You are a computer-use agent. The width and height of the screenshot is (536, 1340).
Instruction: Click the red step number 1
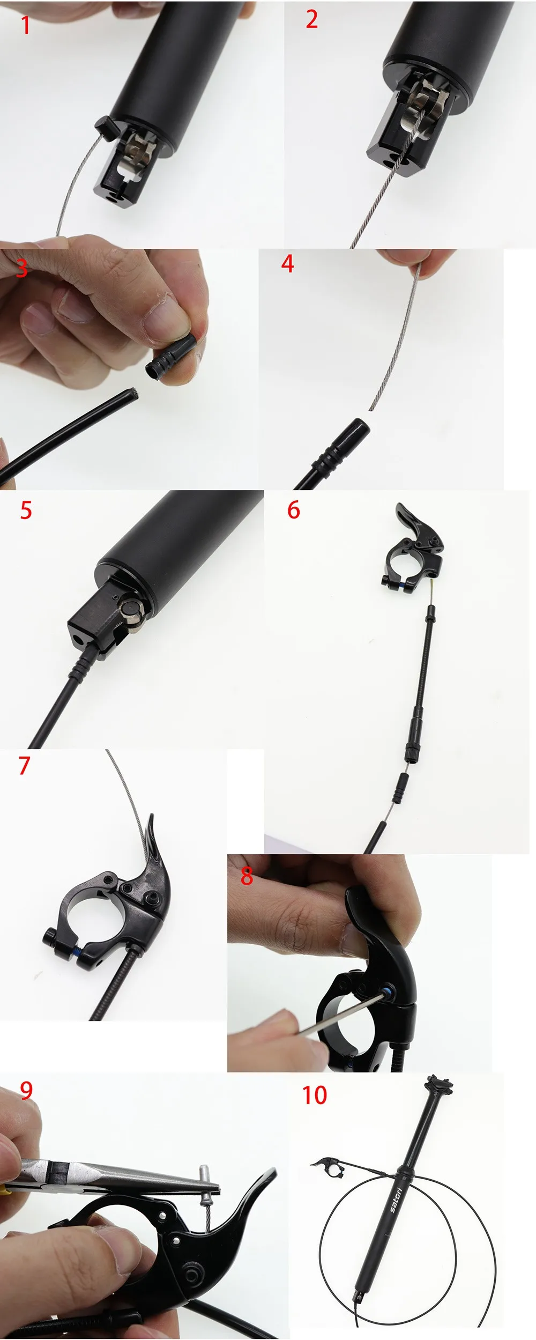[x=26, y=25]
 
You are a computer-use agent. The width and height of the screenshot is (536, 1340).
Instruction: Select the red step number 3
[x=21, y=268]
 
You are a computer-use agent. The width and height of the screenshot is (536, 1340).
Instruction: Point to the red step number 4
[x=288, y=264]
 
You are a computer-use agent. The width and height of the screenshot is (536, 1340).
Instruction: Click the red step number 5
[x=26, y=510]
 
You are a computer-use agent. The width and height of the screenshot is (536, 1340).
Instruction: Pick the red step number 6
[x=294, y=510]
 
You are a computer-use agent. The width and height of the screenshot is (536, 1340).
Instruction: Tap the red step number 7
[x=24, y=765]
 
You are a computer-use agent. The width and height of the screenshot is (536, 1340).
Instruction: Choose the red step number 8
[x=247, y=876]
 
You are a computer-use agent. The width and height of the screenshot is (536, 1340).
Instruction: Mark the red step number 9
[x=26, y=1090]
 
